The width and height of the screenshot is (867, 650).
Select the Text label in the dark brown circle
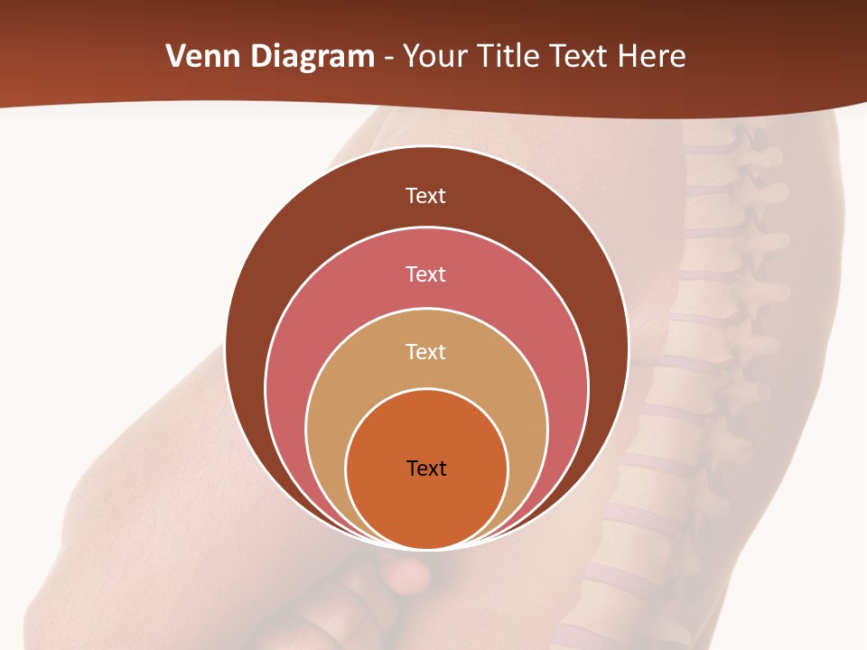tap(426, 196)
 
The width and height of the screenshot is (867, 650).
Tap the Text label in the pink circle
tap(426, 274)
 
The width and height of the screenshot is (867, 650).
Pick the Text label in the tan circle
tap(426, 352)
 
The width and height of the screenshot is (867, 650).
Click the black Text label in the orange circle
tap(426, 469)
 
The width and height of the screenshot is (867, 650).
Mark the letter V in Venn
tap(175, 57)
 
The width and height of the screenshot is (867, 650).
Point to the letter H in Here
tap(628, 57)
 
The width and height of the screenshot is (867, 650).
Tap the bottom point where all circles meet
tap(426, 549)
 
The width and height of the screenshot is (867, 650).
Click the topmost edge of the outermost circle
tap(426, 146)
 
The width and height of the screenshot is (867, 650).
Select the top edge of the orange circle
tap(426, 389)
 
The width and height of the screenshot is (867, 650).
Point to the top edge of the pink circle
tap(426, 227)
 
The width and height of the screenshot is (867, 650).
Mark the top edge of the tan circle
tap(426, 309)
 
